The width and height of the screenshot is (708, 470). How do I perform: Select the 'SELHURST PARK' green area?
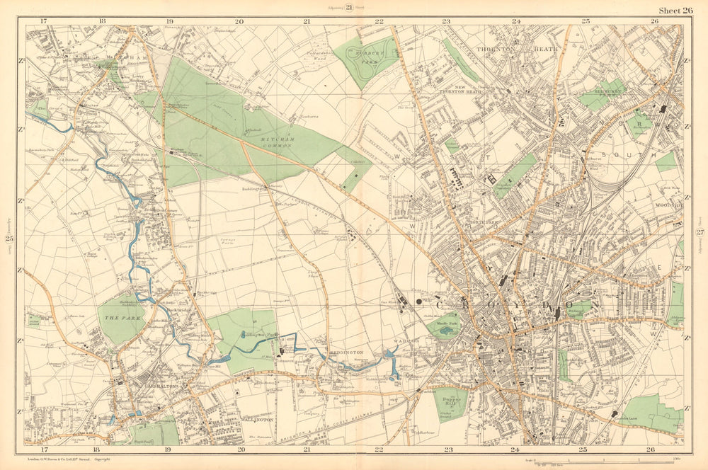click(600, 93)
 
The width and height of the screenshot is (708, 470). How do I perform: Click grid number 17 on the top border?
click(44, 21)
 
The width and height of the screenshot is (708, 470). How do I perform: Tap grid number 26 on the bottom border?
click(650, 449)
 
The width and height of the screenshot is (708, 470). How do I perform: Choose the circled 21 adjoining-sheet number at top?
click(349, 8)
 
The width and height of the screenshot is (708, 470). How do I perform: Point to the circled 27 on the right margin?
click(700, 234)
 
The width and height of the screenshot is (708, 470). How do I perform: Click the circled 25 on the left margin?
click(9, 247)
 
